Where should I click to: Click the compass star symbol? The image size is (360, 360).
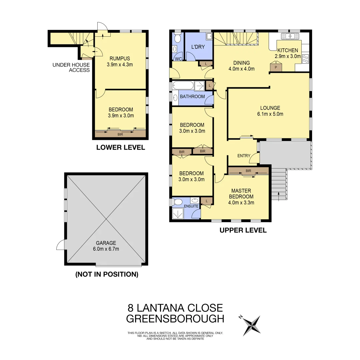coord(252,325)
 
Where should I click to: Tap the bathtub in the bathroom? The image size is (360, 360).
coord(183,86)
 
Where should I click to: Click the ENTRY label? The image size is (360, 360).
coord(244,156)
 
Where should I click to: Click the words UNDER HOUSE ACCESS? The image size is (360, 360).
coord(71,67)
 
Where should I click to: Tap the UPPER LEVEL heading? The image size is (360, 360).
coord(243,230)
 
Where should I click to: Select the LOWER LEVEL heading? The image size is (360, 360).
coord(121,147)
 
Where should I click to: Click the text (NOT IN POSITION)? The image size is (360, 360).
coord(107,274)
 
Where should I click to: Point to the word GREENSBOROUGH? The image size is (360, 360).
coord(175,319)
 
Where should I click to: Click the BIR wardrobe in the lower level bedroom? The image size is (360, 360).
coord(120,134)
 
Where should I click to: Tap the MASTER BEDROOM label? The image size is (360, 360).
coord(241,193)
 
